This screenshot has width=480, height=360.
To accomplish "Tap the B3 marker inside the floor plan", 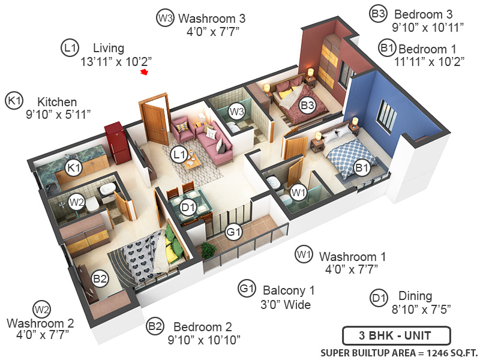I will pos(308,106).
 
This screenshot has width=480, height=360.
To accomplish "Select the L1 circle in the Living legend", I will pos(70,47).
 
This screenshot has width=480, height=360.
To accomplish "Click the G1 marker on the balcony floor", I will pos(233,230).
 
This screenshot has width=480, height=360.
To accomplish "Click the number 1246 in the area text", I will pos(430,352).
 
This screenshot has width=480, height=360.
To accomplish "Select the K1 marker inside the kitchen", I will pos(74,168).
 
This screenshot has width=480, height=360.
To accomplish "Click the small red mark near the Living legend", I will pos(144,73).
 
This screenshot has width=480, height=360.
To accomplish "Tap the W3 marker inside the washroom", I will pos(236,111).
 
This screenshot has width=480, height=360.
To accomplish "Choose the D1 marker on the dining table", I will pos(188,208).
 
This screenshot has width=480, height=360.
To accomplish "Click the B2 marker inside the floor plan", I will pos(100,278).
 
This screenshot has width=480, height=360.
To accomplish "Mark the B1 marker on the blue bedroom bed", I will pos(362,168).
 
